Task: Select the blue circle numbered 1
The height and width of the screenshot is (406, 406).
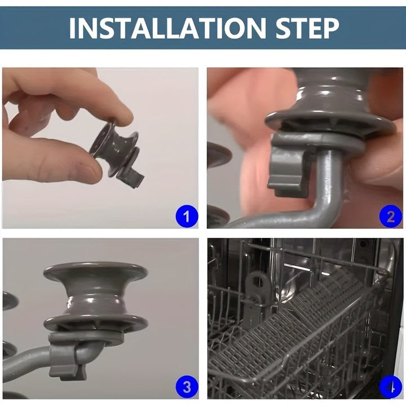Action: click(x=187, y=216)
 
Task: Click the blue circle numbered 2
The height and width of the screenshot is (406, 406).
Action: click(x=391, y=216)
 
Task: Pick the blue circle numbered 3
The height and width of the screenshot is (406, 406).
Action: click(x=187, y=387)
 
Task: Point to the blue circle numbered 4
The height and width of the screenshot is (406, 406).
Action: click(x=391, y=387)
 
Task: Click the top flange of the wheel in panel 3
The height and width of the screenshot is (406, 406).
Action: click(x=95, y=272)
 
